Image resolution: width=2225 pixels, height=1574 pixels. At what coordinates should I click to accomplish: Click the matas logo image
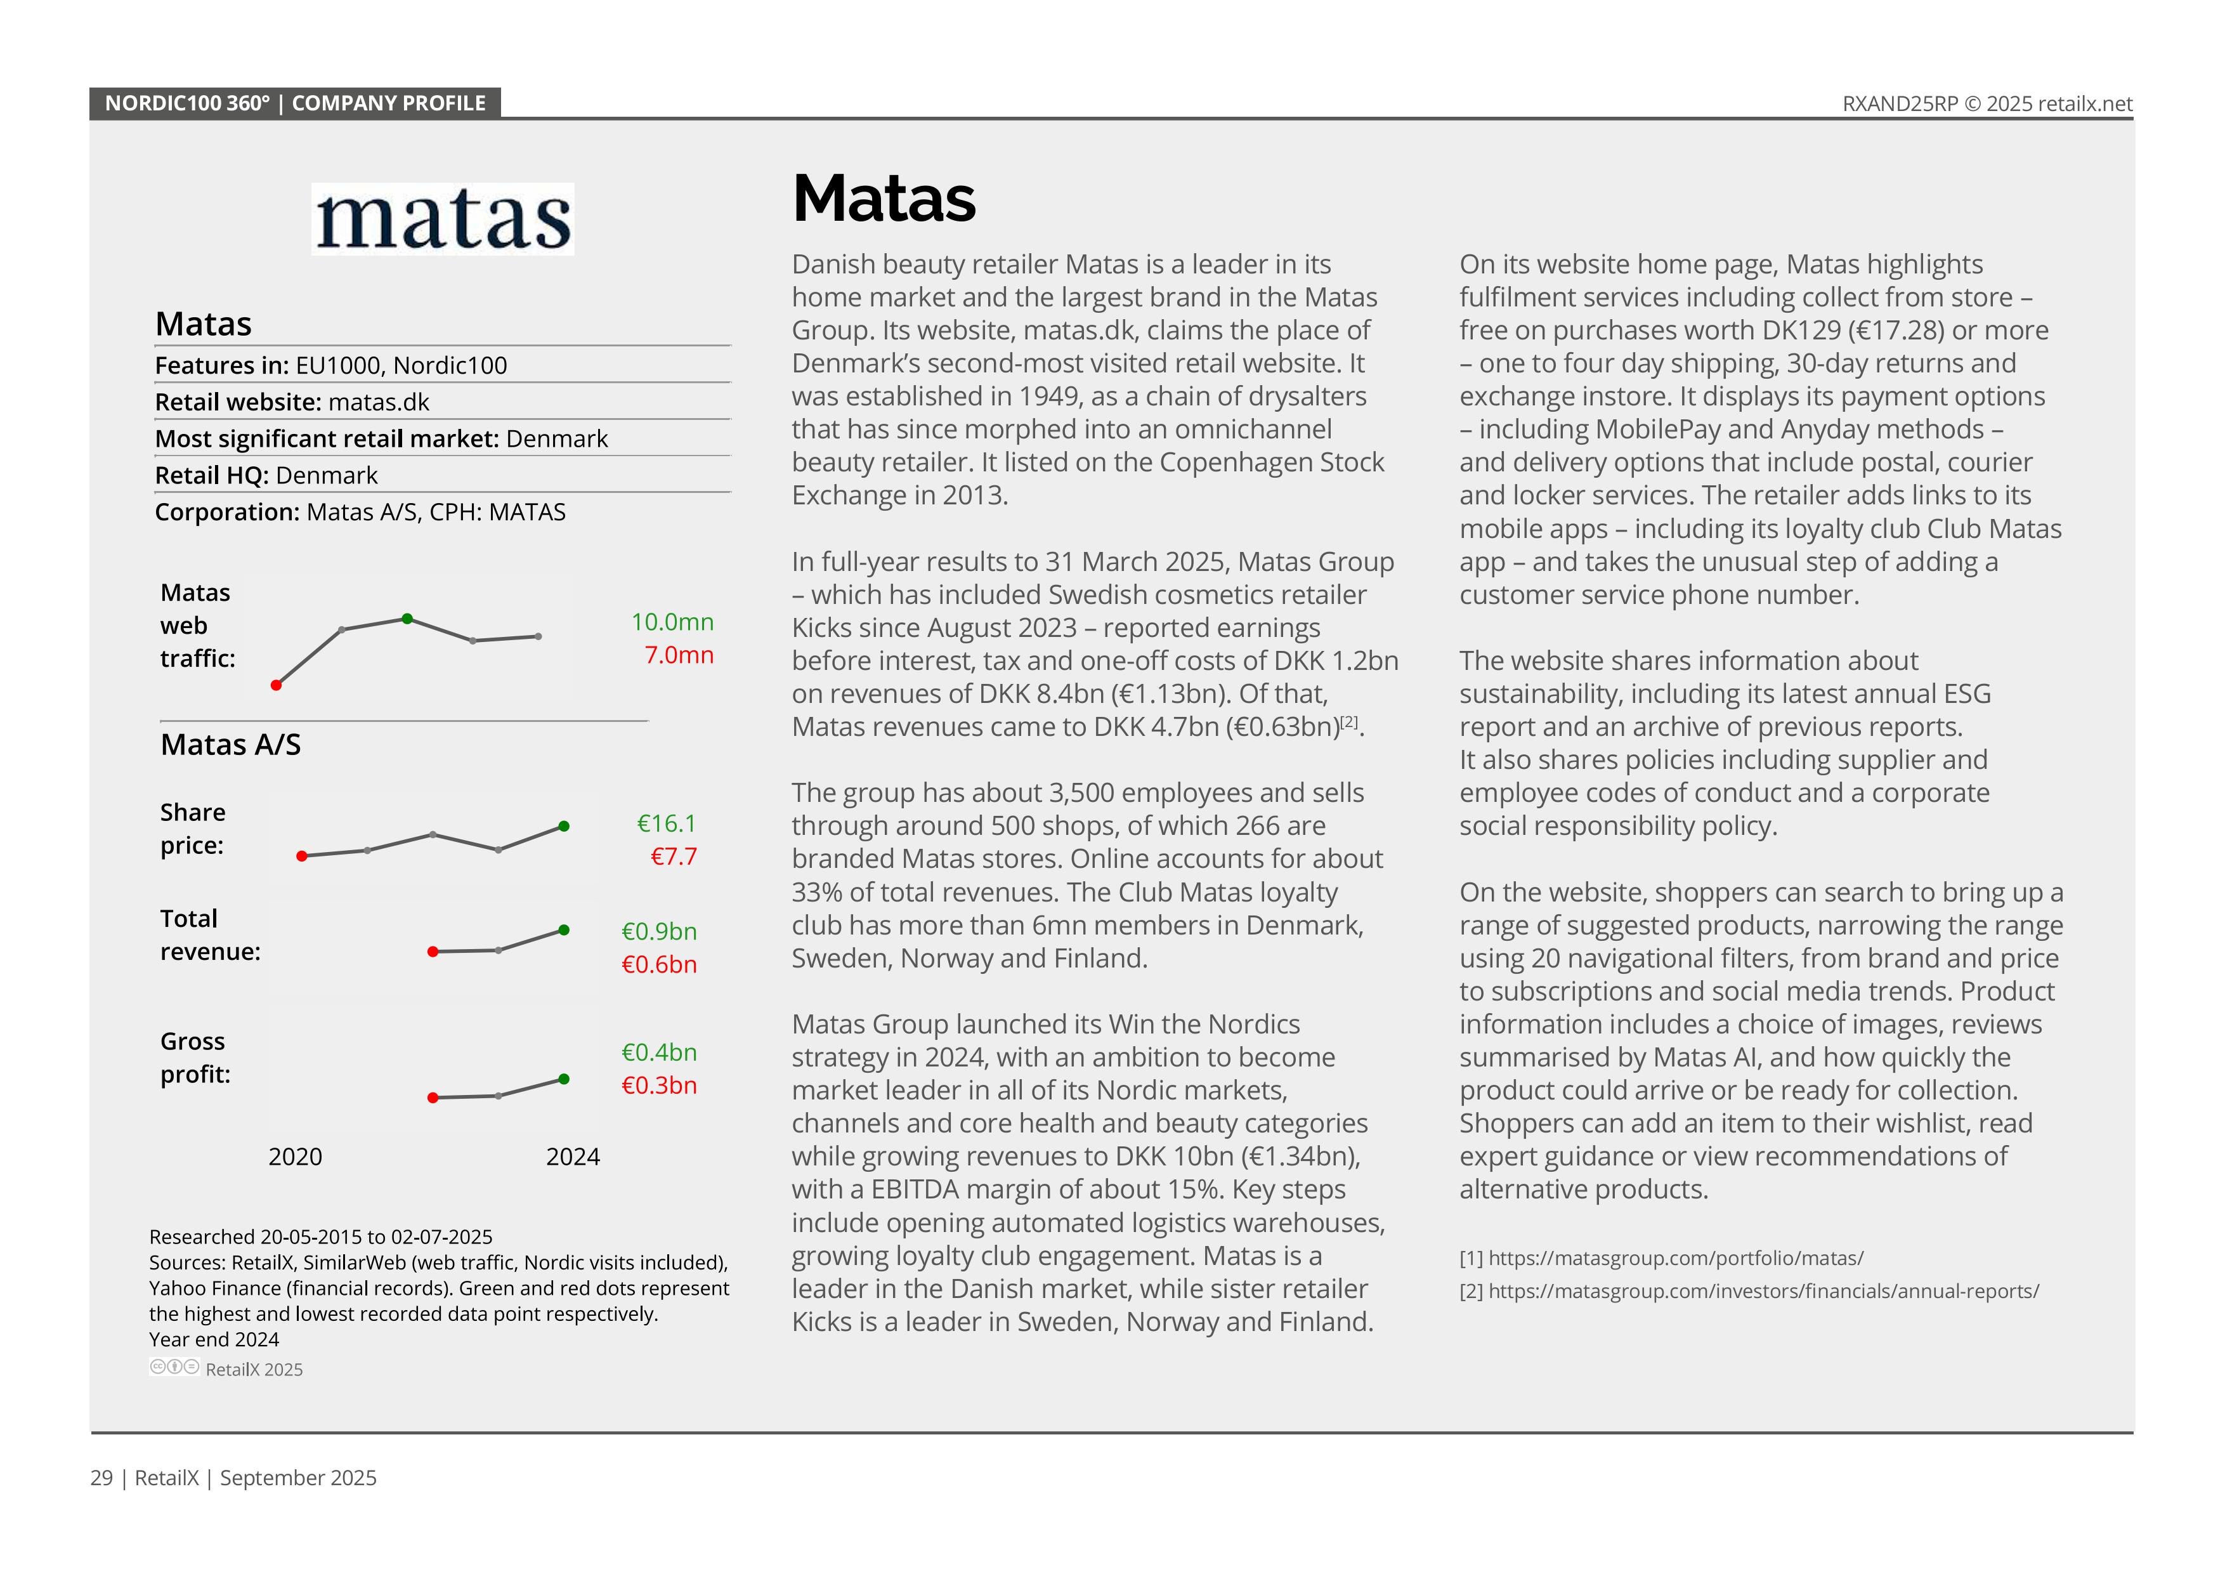tap(443, 219)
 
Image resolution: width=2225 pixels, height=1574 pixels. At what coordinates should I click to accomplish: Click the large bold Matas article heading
tap(884, 199)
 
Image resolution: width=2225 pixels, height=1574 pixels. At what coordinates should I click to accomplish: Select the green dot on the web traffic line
tap(407, 619)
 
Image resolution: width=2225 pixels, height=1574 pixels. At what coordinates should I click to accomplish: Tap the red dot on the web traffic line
tap(276, 685)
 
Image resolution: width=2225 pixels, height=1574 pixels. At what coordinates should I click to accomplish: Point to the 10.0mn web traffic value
tap(672, 622)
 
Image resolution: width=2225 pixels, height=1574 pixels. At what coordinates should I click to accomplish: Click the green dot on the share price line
tap(564, 827)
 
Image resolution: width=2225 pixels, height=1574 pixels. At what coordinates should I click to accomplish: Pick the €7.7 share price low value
tap(674, 856)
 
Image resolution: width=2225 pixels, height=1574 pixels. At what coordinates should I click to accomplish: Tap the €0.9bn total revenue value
tap(659, 931)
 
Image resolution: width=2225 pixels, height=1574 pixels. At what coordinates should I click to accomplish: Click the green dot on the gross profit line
tap(564, 1079)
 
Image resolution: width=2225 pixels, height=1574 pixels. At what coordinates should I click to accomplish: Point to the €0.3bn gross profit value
tap(659, 1085)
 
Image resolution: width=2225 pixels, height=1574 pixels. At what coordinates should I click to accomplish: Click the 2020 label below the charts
tap(296, 1157)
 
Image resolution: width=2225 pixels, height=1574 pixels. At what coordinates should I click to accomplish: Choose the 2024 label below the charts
tap(573, 1157)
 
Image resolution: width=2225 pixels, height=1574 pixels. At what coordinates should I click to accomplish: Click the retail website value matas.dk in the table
tap(379, 402)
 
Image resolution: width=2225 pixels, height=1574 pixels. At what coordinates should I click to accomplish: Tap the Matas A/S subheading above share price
tap(231, 744)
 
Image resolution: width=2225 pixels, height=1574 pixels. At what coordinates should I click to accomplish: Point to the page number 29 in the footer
tap(101, 1478)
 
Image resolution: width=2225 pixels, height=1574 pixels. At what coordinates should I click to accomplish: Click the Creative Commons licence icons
tap(174, 1368)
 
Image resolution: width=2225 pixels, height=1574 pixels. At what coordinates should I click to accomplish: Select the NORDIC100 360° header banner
tap(294, 103)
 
